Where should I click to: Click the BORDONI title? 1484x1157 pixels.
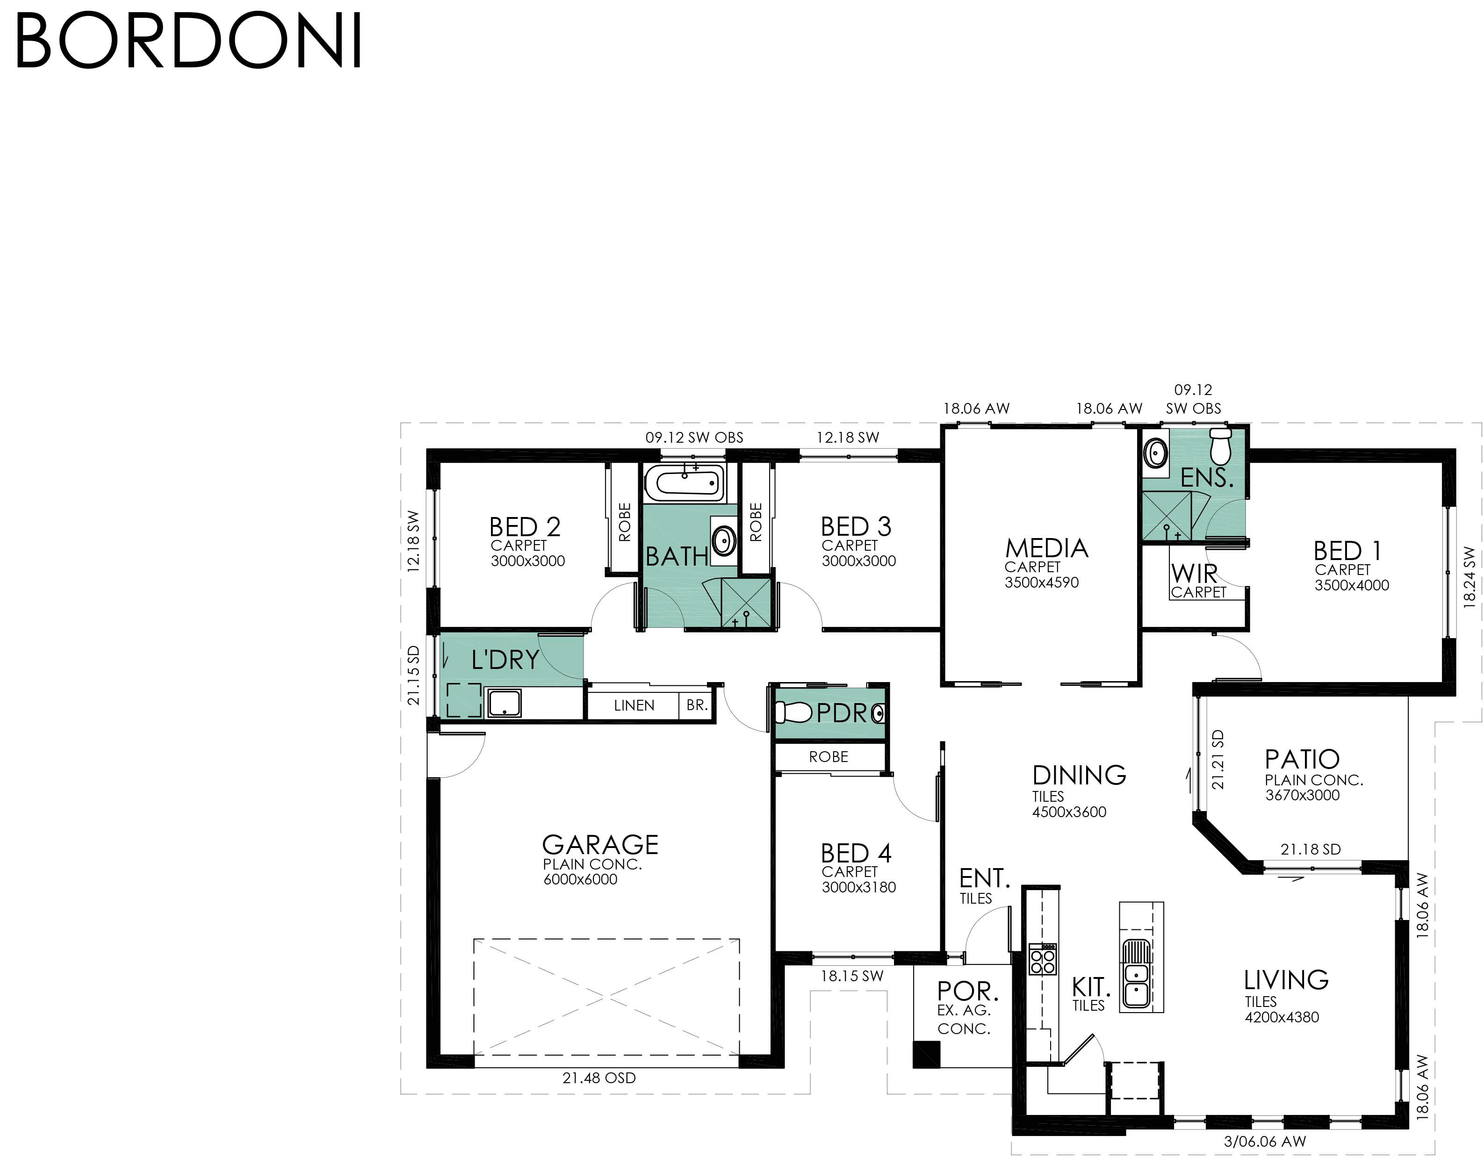[x=188, y=40]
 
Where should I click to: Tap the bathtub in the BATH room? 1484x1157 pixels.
[x=684, y=482]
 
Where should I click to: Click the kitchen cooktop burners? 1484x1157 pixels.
[x=1043, y=959]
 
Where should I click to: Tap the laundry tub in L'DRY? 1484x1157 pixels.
[x=504, y=703]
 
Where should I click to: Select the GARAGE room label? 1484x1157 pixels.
[x=600, y=844]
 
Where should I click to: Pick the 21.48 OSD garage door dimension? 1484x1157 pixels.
[x=598, y=1078]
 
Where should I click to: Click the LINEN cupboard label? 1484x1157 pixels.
[x=634, y=705]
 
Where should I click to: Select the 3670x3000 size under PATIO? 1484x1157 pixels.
[x=1302, y=795]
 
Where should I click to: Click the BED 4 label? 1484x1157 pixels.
[x=856, y=853]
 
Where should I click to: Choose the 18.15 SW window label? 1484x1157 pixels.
[x=852, y=976]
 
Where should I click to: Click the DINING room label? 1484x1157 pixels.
[x=1079, y=775]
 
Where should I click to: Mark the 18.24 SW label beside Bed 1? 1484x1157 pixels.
[x=1469, y=577]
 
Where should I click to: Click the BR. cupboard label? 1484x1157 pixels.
[x=697, y=705]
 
